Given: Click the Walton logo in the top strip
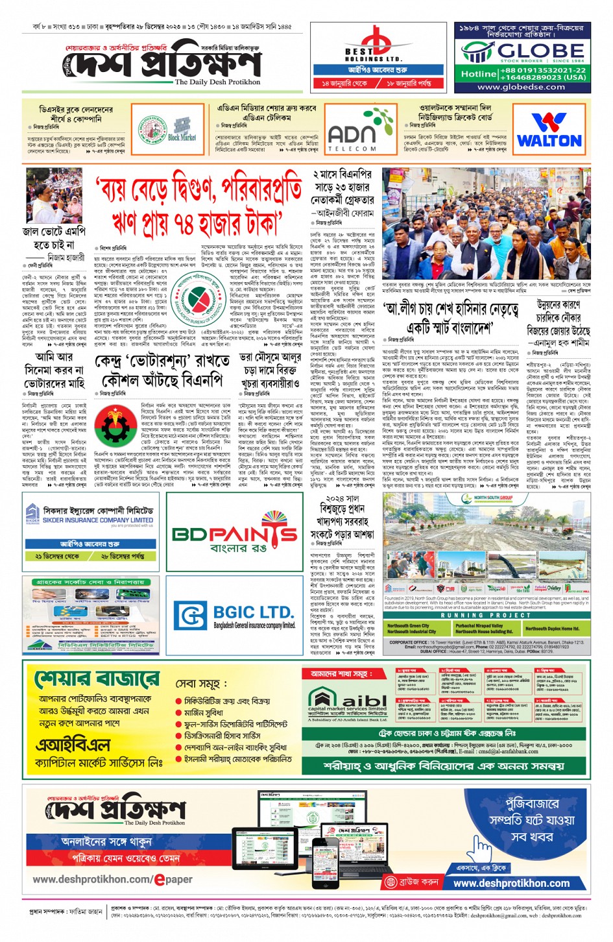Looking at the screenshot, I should point(549,131).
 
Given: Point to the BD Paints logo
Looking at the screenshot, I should point(234,535).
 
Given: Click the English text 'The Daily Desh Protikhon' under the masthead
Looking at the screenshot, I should point(217,82).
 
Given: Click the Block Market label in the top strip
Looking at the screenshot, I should point(182,138).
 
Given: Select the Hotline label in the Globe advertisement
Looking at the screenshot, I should point(478,74).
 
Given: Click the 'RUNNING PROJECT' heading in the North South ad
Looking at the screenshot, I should point(486,615).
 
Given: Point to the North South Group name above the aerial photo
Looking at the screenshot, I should point(492,498).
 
